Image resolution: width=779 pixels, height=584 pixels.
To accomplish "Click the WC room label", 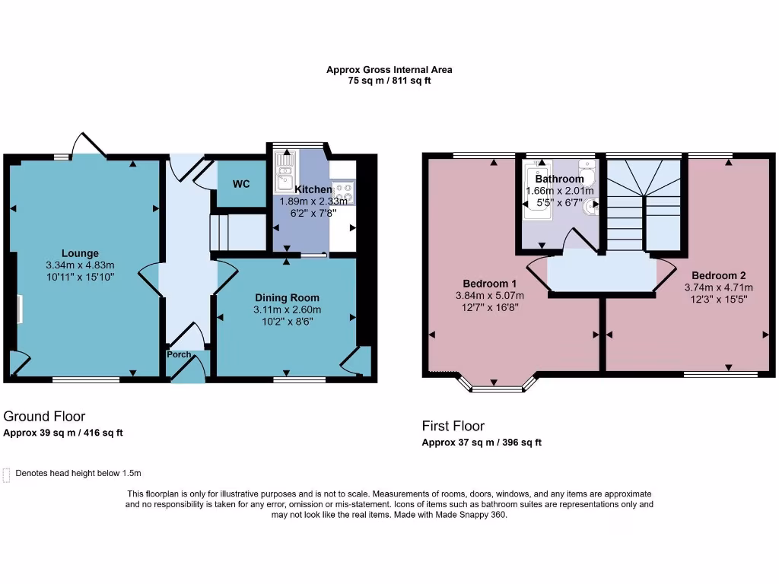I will coord(241,184).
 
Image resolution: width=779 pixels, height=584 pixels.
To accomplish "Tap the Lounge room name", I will coord(80,253).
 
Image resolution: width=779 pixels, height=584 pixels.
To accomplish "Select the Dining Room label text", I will coord(287,297).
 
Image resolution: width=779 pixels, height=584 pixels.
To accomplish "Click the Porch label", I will coord(180,354).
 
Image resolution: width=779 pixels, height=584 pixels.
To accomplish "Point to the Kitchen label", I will coord(313,189).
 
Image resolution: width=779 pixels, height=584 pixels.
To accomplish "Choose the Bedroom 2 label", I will coord(718,275).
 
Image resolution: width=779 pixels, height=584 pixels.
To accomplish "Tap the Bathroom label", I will coord(559,179).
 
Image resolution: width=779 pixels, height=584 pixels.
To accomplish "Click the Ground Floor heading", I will coord(44,416).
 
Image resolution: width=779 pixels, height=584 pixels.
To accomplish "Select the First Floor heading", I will coord(453,426).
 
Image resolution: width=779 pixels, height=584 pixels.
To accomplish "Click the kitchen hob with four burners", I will coord(343,193).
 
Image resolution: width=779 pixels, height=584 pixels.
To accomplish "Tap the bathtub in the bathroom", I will coord(534,188).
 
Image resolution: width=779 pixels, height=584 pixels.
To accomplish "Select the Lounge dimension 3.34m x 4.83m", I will coord(80,265).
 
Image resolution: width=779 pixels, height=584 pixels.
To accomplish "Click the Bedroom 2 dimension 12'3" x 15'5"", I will coord(718,299).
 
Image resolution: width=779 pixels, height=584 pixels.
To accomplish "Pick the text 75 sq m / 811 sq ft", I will coord(389,81).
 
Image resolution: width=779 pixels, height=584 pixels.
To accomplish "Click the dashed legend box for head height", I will coord(7,474).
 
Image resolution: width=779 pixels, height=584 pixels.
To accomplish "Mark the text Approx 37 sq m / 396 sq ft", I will coord(482,443).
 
